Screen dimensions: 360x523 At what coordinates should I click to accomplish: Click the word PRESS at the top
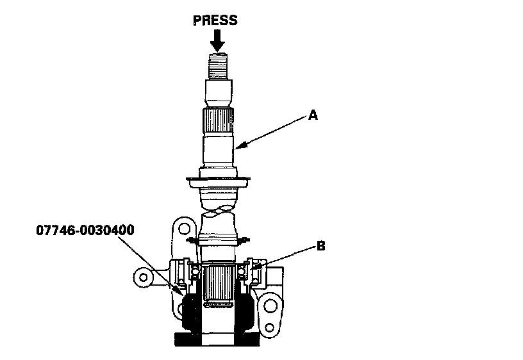coord(215,20)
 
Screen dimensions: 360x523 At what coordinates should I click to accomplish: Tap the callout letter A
coord(313,115)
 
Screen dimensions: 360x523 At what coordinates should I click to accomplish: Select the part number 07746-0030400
coord(85,231)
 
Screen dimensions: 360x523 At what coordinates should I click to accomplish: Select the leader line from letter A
coord(272,131)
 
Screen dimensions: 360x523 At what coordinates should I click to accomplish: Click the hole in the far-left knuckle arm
coord(144,278)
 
